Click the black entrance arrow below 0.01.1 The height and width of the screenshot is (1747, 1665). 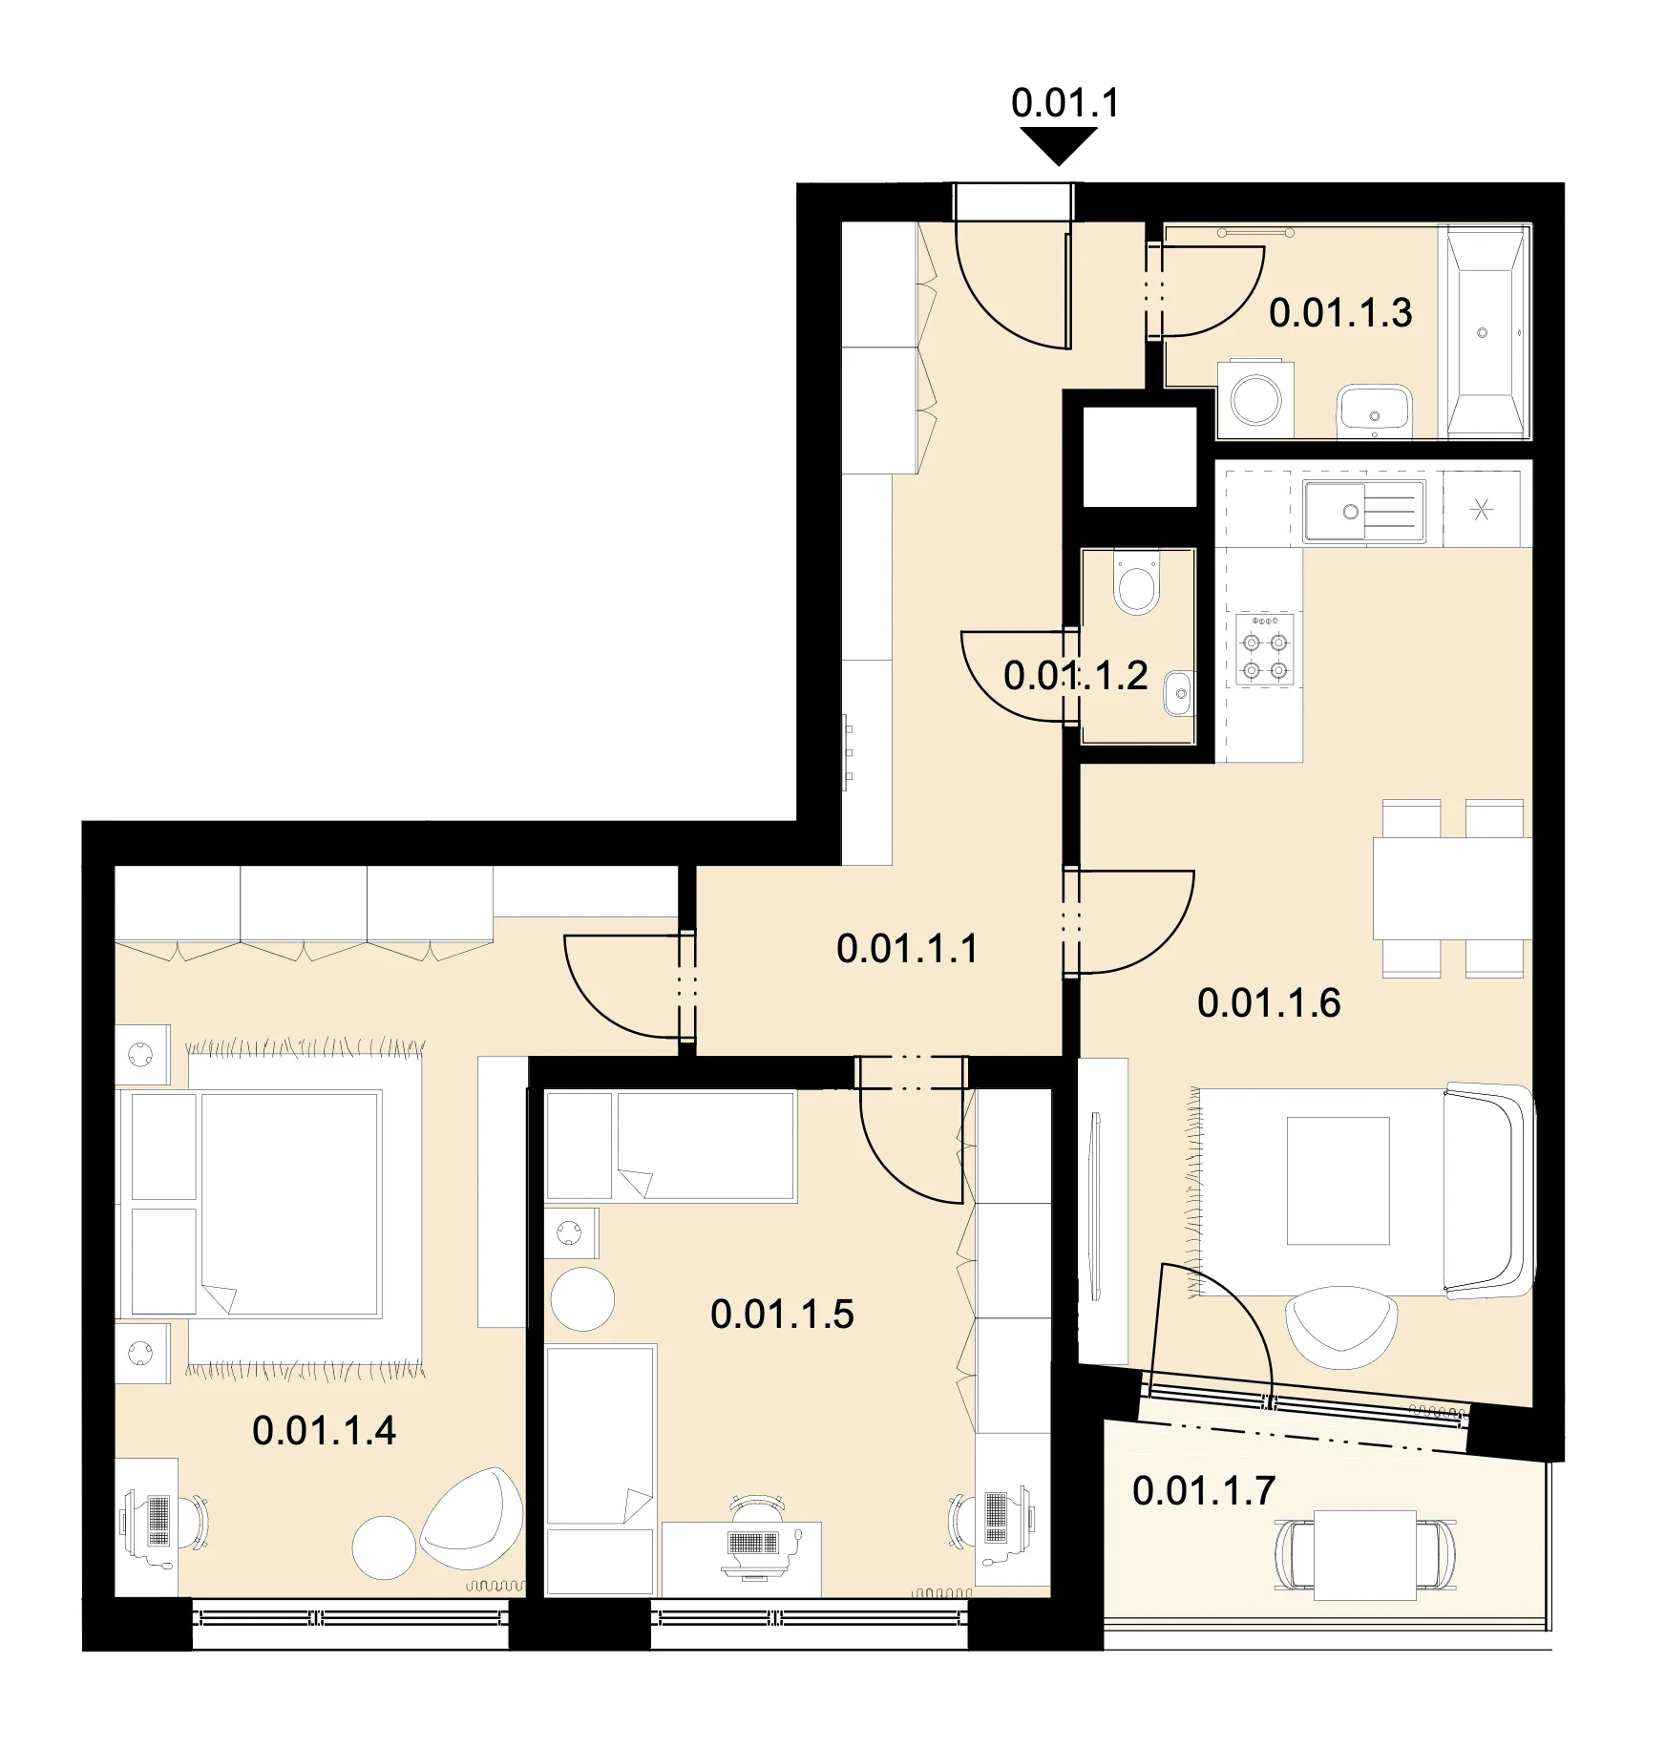click(x=1059, y=146)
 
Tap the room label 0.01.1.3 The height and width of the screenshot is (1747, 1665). click(x=1340, y=313)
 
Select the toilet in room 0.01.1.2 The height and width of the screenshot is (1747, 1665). click(x=1136, y=583)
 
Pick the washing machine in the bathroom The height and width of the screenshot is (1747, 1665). click(x=1255, y=398)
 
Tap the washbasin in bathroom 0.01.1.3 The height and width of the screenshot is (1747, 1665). click(x=1374, y=409)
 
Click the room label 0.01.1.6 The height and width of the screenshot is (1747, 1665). click(x=1269, y=1003)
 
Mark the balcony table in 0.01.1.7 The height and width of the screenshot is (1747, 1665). click(x=1364, y=1555)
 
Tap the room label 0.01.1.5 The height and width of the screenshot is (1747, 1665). click(x=782, y=1315)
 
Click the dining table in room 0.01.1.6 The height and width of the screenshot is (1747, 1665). click(x=1452, y=888)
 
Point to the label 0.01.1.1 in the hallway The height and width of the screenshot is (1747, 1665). click(x=908, y=949)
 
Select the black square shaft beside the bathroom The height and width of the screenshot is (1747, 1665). click(x=1139, y=456)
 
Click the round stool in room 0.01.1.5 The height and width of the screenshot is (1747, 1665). click(x=582, y=1299)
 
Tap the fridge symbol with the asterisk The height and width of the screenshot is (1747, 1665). click(x=1482, y=510)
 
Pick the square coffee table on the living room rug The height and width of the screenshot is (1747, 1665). click(x=1338, y=1181)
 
